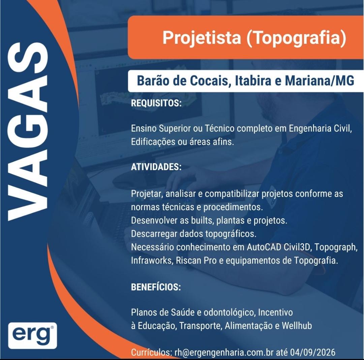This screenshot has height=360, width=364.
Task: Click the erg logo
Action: click(x=32, y=335)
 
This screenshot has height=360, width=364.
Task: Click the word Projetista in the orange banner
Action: click(x=202, y=38)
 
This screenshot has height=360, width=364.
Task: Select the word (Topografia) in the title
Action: click(x=296, y=38)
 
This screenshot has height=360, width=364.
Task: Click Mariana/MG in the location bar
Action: click(x=320, y=81)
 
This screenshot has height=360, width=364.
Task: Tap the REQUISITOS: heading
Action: click(x=156, y=103)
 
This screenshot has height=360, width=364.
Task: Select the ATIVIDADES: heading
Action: click(x=156, y=167)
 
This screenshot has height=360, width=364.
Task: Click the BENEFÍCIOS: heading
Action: click(x=156, y=287)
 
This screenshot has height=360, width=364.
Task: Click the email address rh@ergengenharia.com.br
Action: click(x=224, y=352)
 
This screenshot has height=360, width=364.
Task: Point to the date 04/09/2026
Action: click(x=313, y=352)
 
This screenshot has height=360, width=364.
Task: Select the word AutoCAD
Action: click(x=264, y=247)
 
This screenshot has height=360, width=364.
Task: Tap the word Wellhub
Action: click(x=297, y=326)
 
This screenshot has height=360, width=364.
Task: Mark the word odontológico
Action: click(x=230, y=312)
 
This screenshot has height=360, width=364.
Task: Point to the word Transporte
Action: click(x=201, y=326)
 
